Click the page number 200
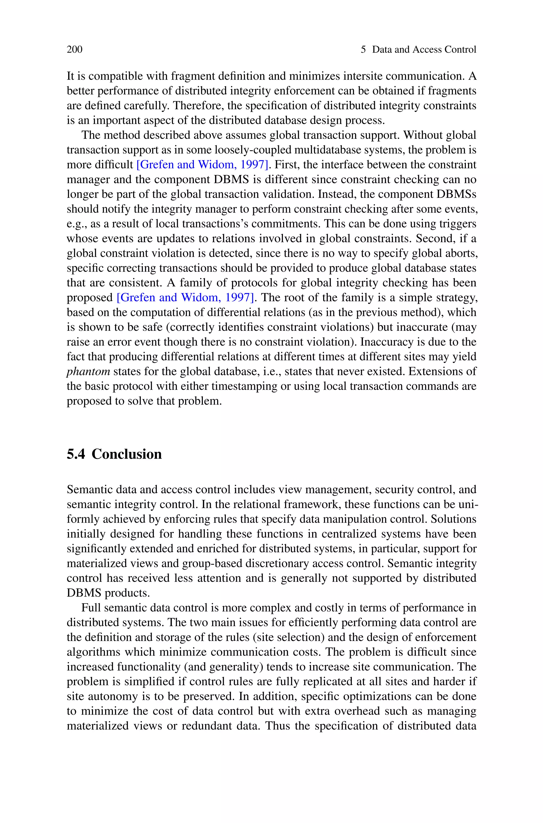point(75,50)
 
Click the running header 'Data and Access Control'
point(424,50)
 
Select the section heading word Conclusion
point(127,454)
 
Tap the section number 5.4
point(76,454)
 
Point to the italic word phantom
point(88,371)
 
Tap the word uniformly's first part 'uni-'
point(468,504)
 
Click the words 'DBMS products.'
point(108,593)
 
